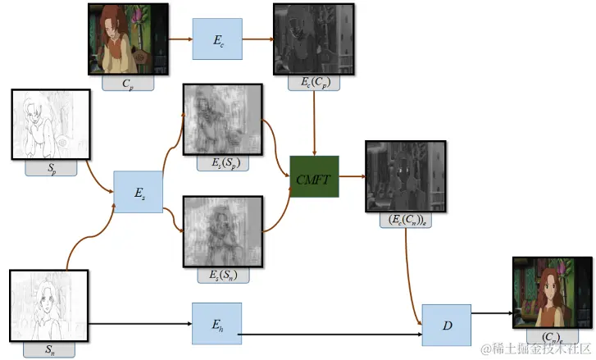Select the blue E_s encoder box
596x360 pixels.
(x=139, y=192)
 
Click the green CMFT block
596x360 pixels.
(x=314, y=175)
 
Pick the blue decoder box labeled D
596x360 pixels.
(x=446, y=325)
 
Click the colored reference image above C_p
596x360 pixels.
(x=129, y=39)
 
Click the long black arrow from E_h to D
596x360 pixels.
(x=328, y=335)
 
